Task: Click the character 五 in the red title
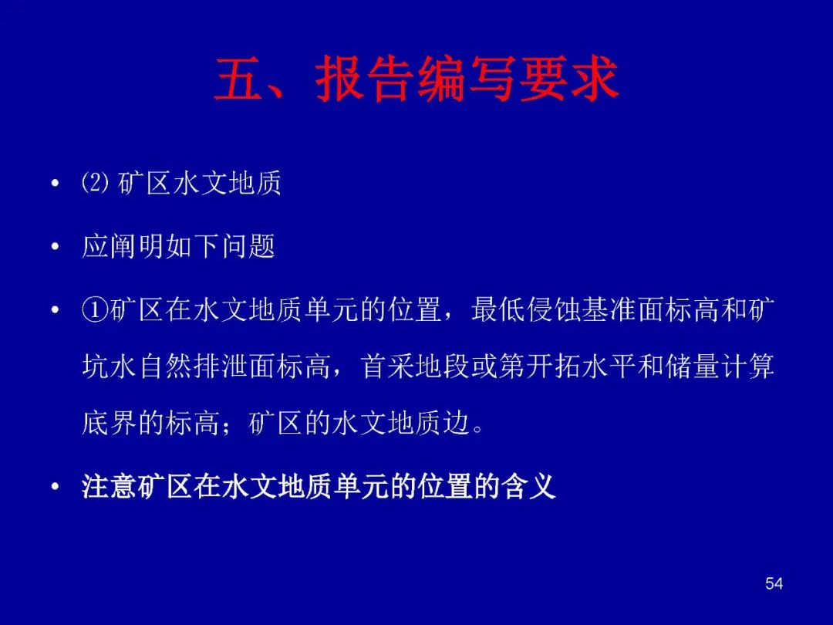pos(240,79)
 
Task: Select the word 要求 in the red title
pos(569,79)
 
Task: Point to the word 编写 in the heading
pos(467,79)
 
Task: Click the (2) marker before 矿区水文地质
pos(96,184)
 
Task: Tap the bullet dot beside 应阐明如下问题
pos(54,247)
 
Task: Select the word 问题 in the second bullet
pos(248,247)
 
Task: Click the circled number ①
pos(96,310)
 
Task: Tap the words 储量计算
pos(719,367)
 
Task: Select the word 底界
pos(110,424)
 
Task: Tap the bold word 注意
pos(110,486)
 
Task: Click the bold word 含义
pos(529,486)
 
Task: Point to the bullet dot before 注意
pos(54,487)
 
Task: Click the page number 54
pos(774,583)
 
